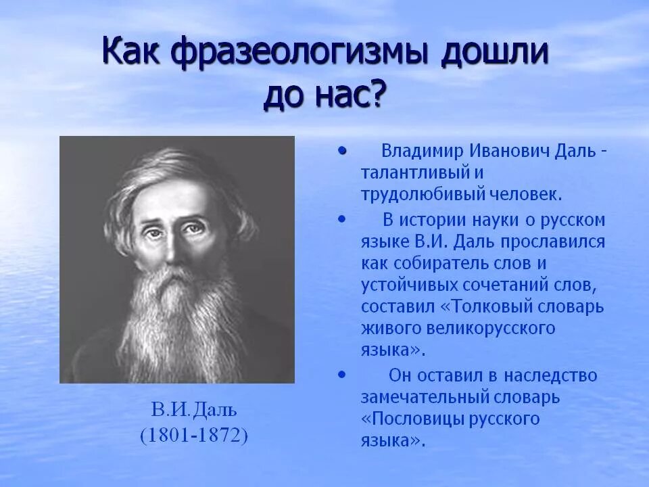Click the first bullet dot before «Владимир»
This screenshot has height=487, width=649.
pyautogui.click(x=342, y=152)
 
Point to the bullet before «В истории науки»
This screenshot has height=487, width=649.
pyautogui.click(x=342, y=219)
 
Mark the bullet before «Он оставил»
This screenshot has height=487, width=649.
pyautogui.click(x=342, y=375)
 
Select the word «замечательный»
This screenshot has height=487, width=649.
pyautogui.click(x=425, y=397)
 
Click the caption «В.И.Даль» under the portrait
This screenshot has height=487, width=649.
pyautogui.click(x=194, y=410)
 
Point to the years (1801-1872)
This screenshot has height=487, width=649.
pyautogui.click(x=194, y=435)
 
